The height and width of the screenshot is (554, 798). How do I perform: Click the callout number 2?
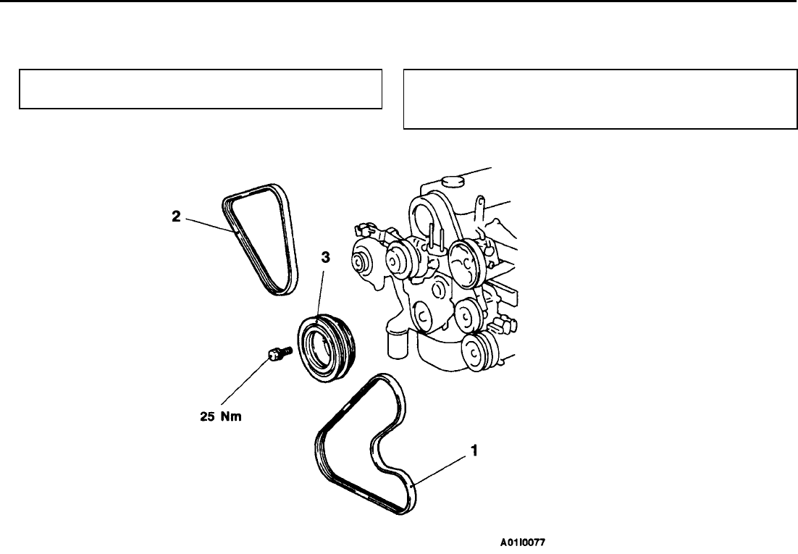pos(176,217)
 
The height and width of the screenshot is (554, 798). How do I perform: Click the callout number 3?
pos(325,258)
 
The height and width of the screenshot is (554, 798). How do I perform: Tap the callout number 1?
pos(474,450)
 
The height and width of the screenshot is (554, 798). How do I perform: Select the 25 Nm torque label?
pos(221,416)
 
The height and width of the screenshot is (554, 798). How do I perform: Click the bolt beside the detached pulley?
pos(279,353)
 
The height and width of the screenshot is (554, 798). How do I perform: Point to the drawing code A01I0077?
pos(523,542)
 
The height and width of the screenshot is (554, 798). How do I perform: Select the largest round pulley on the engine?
pos(465,265)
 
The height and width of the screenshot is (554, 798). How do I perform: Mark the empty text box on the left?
pos(201,89)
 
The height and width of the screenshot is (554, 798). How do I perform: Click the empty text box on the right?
pos(600,99)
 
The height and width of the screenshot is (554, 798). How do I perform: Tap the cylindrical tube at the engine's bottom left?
pos(395,343)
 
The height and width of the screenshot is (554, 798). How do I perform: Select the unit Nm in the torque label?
pos(231,416)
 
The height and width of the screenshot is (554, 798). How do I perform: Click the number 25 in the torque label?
pos(208,416)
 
